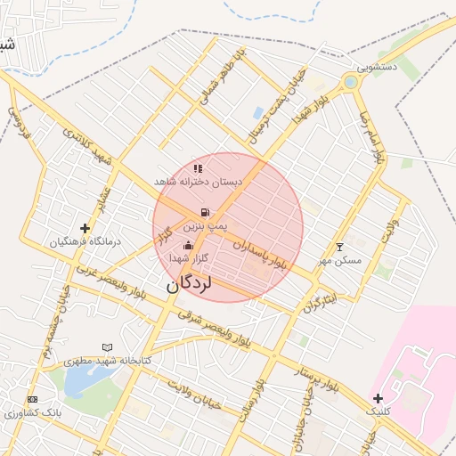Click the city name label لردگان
[x=188, y=284]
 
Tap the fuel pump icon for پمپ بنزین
[x=206, y=213]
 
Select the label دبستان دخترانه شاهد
[x=198, y=181]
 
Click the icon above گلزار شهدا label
[x=188, y=245]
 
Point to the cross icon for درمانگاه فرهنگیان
[x=85, y=229]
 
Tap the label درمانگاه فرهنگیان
[x=85, y=241]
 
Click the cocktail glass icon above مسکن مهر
[x=338, y=247]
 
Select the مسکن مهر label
[x=339, y=260]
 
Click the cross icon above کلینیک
[x=379, y=398]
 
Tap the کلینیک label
[x=379, y=411]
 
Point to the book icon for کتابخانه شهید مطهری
[x=108, y=346]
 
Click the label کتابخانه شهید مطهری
[x=108, y=360]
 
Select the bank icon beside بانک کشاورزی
[x=33, y=399]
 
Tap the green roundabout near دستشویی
[x=350, y=83]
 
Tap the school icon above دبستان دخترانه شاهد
[x=198, y=167]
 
